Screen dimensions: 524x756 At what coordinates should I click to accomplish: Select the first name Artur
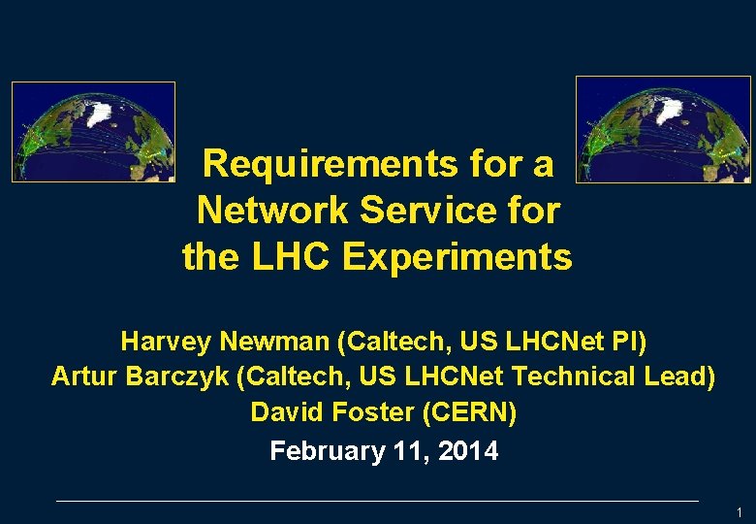pyautogui.click(x=83, y=377)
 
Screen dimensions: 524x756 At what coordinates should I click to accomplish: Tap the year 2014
pyautogui.click(x=467, y=451)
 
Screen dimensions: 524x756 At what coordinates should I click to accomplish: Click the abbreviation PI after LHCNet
pyautogui.click(x=624, y=342)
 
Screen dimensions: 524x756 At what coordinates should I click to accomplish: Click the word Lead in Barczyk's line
pyautogui.click(x=677, y=377)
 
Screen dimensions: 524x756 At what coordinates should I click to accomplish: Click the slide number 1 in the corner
pyautogui.click(x=739, y=512)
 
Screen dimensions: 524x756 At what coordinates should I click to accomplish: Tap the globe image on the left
pyautogui.click(x=93, y=132)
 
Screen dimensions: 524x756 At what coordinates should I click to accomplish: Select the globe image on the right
pyautogui.click(x=663, y=130)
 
